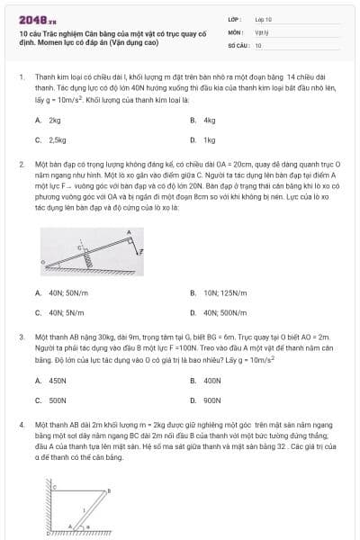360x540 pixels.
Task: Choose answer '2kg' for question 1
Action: click(x=55, y=120)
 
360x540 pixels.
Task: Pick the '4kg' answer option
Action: click(x=210, y=120)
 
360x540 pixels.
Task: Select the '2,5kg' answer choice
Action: click(x=57, y=140)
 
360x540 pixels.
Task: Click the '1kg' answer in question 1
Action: click(x=210, y=140)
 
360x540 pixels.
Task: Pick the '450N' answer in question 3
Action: click(x=58, y=380)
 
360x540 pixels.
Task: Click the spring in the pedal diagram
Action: click(x=90, y=261)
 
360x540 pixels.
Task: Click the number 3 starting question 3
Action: click(x=21, y=336)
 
